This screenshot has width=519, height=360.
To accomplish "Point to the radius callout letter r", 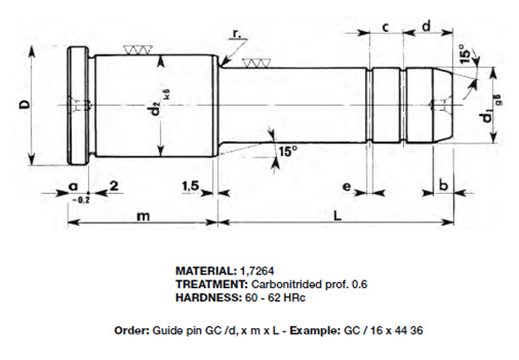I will point(236,33).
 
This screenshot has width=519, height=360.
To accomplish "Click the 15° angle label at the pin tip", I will point(466,55).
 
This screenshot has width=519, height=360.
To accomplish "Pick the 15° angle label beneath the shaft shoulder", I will point(287,151).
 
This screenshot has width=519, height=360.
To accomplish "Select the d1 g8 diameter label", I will point(490,109).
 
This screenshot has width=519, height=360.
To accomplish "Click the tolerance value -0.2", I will point(77,199).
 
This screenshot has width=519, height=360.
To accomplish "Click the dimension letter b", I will point(443,186).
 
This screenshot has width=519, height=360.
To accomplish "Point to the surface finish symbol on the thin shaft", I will point(255,63).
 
